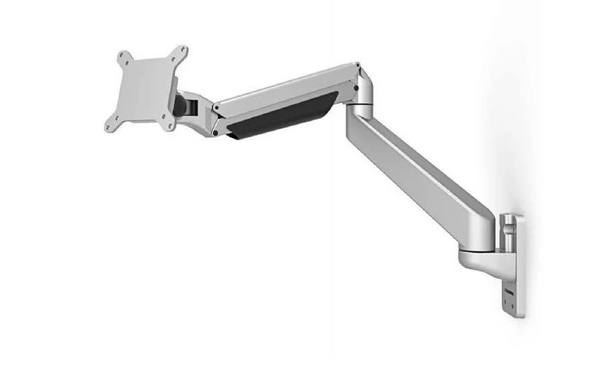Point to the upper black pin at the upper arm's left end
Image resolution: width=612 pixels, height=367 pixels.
pyautogui.click(x=216, y=108)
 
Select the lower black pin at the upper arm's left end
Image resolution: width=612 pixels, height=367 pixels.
pyautogui.click(x=216, y=133)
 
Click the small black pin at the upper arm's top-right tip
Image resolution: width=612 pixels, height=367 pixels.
pyautogui.click(x=357, y=65)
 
